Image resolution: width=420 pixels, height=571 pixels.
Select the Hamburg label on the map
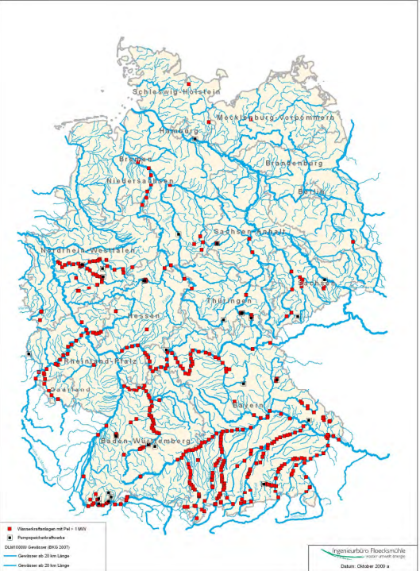point(179,130)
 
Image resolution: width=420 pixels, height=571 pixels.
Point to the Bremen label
point(133,160)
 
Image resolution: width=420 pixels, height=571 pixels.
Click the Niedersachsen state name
point(141,181)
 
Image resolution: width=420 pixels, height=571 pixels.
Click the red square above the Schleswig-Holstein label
point(189,83)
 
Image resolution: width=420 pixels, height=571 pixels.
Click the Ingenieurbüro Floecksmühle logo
point(362,552)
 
